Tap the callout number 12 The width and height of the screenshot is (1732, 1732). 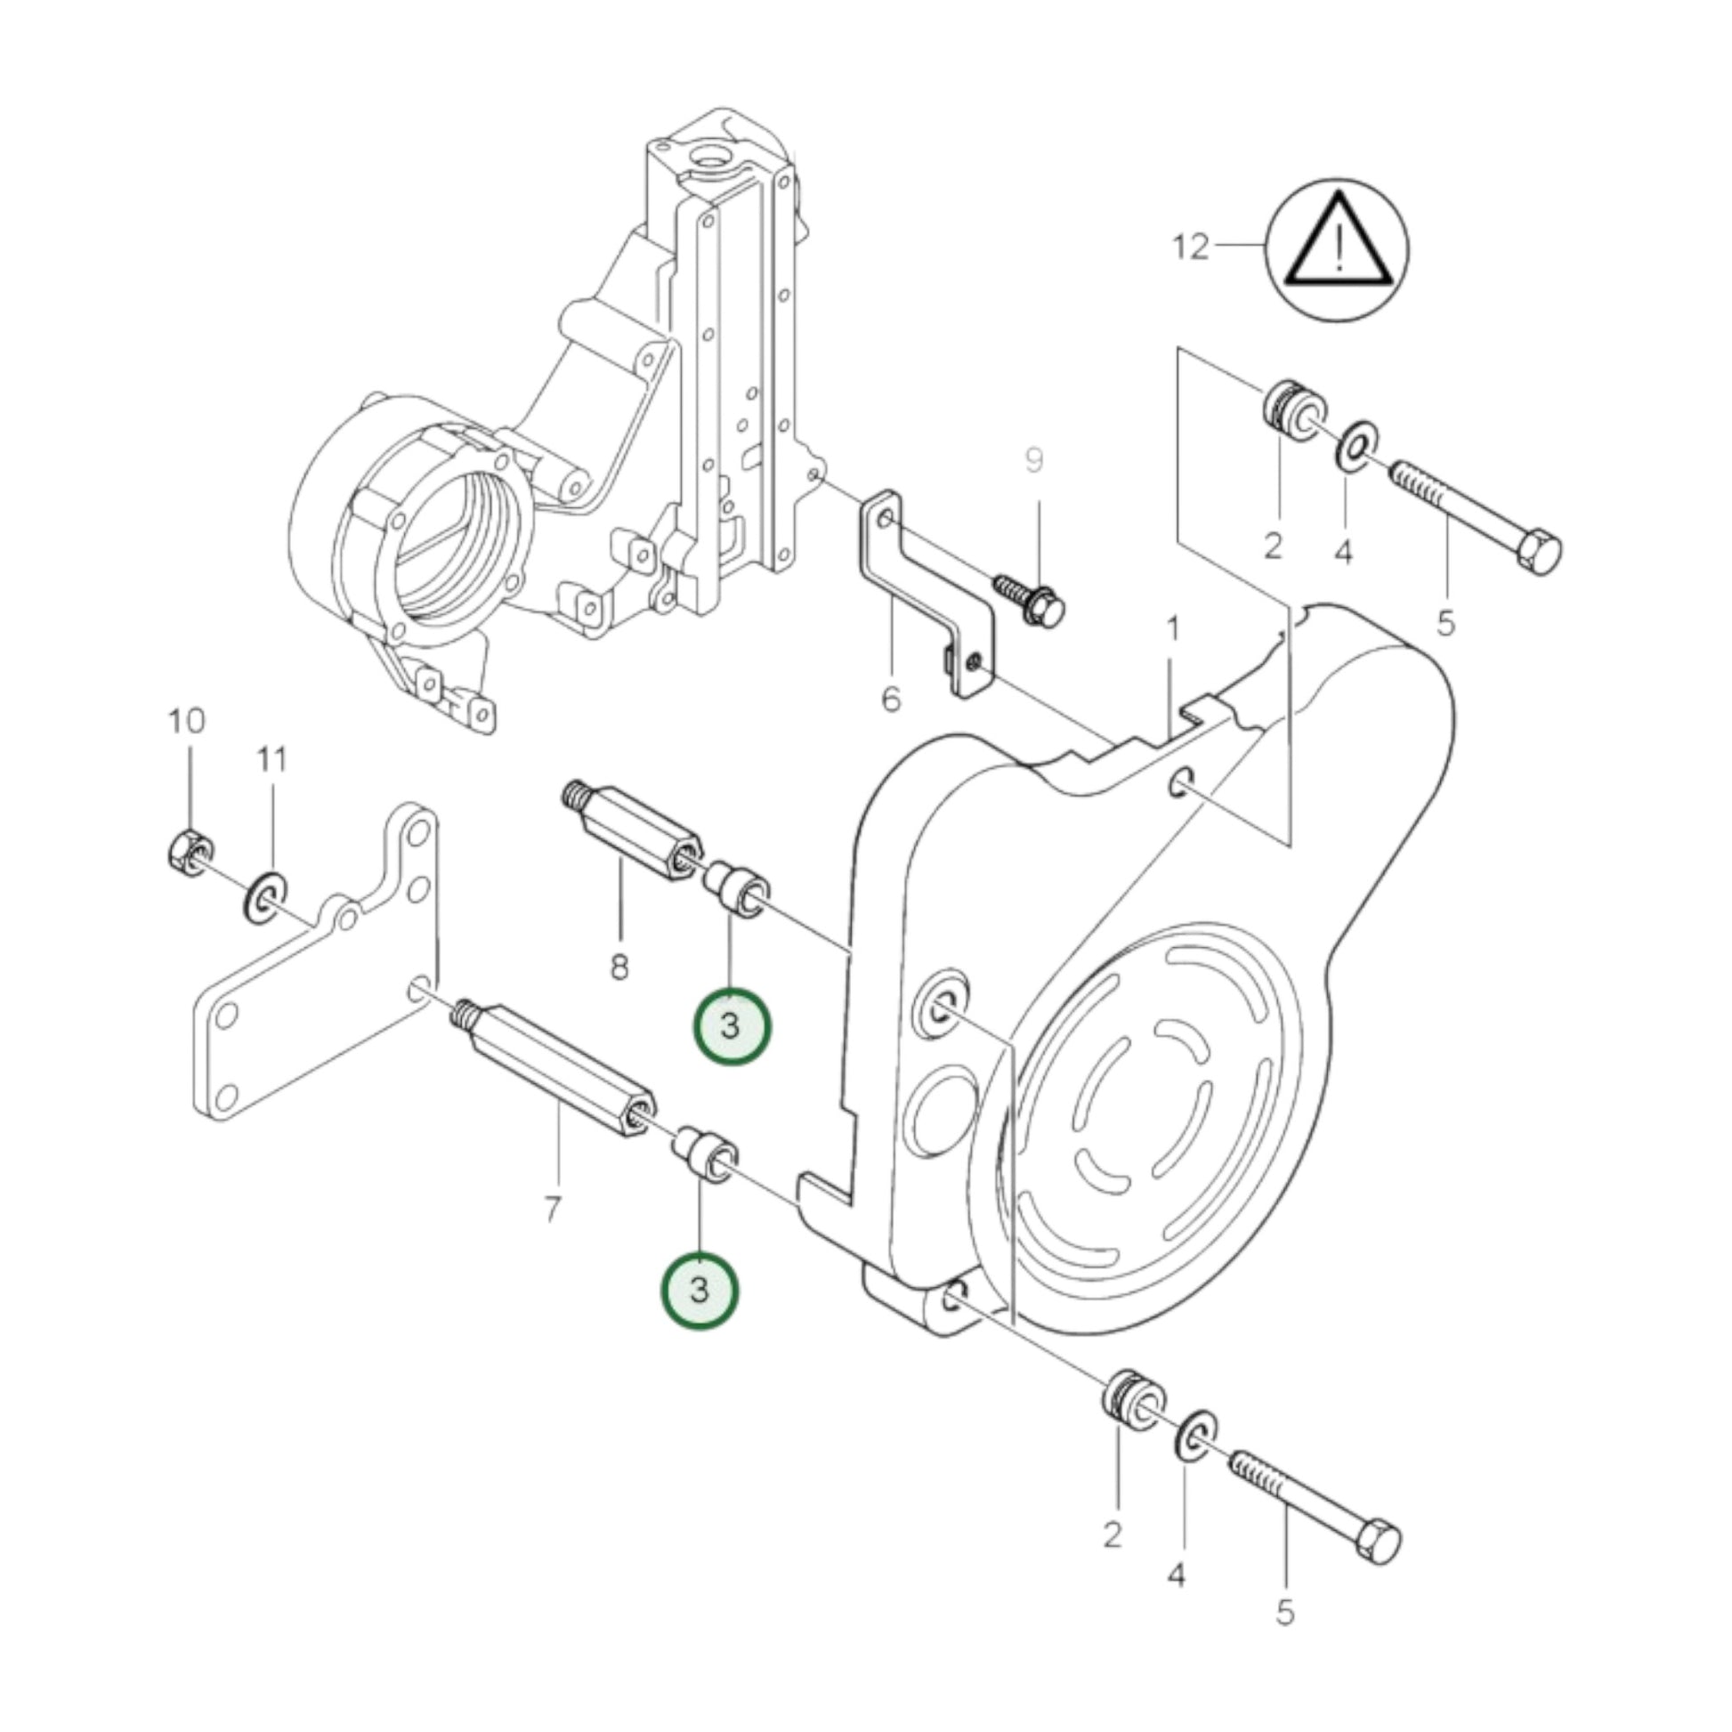click(1191, 246)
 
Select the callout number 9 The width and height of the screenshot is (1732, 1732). click(1033, 461)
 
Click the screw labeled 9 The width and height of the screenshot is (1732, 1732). click(1031, 599)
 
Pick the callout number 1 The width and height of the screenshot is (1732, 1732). click(1171, 629)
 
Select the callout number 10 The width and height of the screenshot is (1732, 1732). click(187, 720)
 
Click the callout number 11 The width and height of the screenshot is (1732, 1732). click(271, 760)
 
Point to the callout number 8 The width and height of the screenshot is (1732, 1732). click(619, 967)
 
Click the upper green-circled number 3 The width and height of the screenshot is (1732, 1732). click(731, 1026)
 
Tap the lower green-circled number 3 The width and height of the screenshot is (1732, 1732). click(700, 1291)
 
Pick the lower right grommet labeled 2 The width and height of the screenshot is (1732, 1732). click(1130, 1421)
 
